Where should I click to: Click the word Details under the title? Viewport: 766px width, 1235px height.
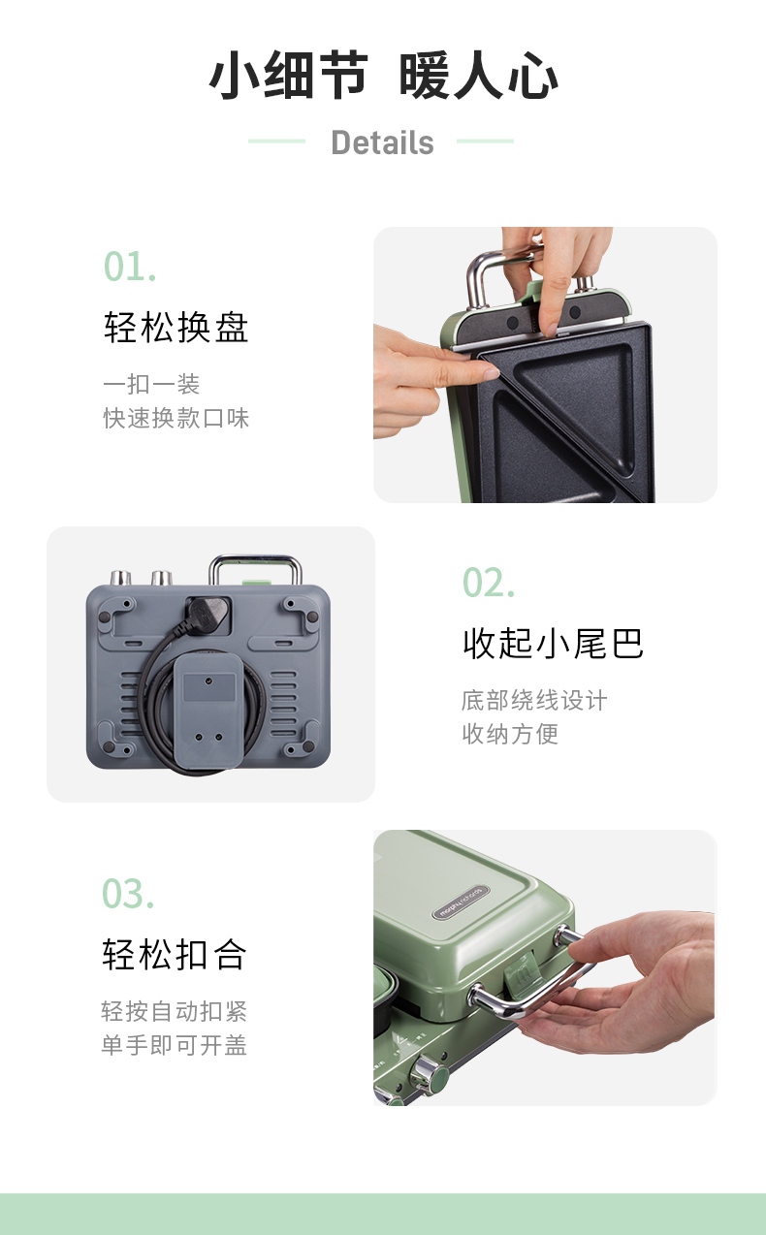click(382, 142)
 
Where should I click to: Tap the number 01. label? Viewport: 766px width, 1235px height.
click(130, 267)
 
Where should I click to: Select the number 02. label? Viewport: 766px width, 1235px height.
click(489, 583)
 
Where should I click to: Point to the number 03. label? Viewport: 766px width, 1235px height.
click(128, 893)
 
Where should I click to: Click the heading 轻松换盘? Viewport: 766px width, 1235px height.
click(176, 328)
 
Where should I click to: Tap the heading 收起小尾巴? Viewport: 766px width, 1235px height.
click(553, 643)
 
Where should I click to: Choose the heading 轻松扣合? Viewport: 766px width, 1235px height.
click(175, 954)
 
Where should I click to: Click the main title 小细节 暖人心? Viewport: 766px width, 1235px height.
click(383, 76)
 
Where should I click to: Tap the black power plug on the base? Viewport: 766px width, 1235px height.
click(206, 612)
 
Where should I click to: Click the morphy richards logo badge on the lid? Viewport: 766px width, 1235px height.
click(461, 902)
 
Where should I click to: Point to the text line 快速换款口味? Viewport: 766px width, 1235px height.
click(176, 419)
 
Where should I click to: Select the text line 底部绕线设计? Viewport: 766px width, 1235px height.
click(534, 700)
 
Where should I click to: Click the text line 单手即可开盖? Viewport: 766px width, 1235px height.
click(175, 1045)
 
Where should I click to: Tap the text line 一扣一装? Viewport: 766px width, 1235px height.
click(151, 384)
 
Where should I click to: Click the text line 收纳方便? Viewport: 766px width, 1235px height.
click(510, 734)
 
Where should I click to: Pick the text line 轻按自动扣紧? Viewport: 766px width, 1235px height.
click(175, 1011)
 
